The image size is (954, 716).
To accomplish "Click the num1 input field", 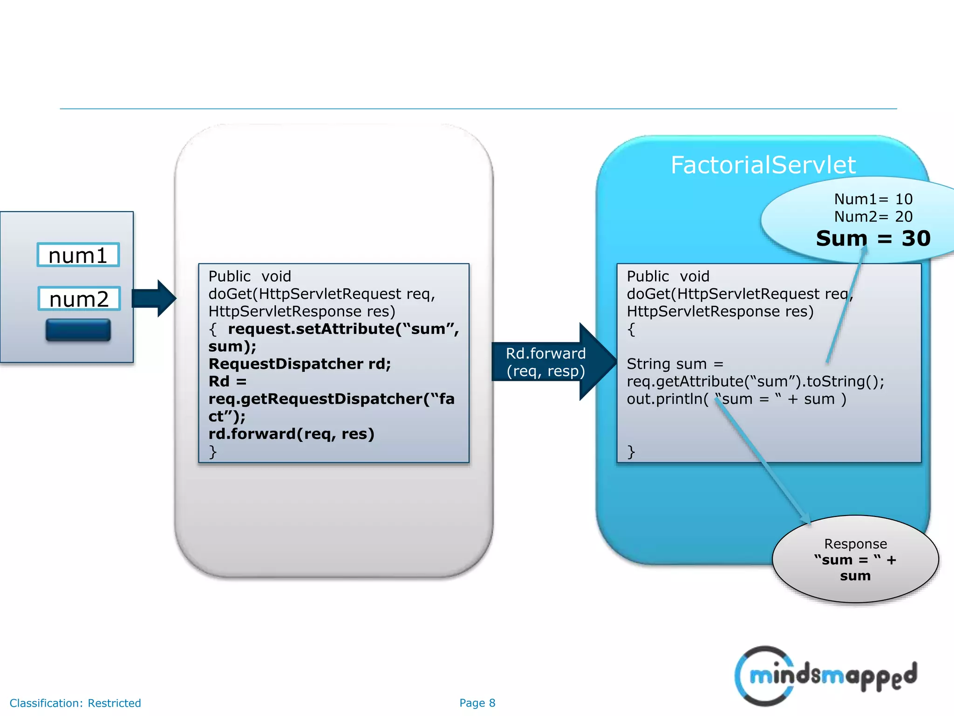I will click(x=78, y=255).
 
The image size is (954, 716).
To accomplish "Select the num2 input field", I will click(x=79, y=299).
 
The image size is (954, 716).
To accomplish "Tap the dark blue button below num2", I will click(x=78, y=330).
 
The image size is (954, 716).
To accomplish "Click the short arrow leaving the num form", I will click(x=154, y=298).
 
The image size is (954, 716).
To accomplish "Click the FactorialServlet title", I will click(x=763, y=165).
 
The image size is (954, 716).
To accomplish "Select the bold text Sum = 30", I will click(x=873, y=239).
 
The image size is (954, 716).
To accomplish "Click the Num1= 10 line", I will click(x=873, y=199).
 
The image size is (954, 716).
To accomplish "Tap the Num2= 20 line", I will click(x=873, y=217).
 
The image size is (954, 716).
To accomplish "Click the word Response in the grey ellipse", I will click(x=855, y=544).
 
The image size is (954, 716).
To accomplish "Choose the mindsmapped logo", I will click(x=826, y=676).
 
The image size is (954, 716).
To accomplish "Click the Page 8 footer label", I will click(x=477, y=703).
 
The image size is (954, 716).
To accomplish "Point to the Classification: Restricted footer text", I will click(x=75, y=703).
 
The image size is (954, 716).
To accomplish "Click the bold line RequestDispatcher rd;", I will click(x=300, y=364).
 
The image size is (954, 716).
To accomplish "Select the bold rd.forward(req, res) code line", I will click(x=291, y=434).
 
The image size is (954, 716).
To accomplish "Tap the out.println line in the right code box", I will click(x=736, y=399).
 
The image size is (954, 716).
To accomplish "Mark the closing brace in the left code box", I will click(x=213, y=451).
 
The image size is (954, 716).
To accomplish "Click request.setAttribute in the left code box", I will click(x=311, y=329).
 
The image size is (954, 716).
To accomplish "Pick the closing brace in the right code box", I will click(x=631, y=451).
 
